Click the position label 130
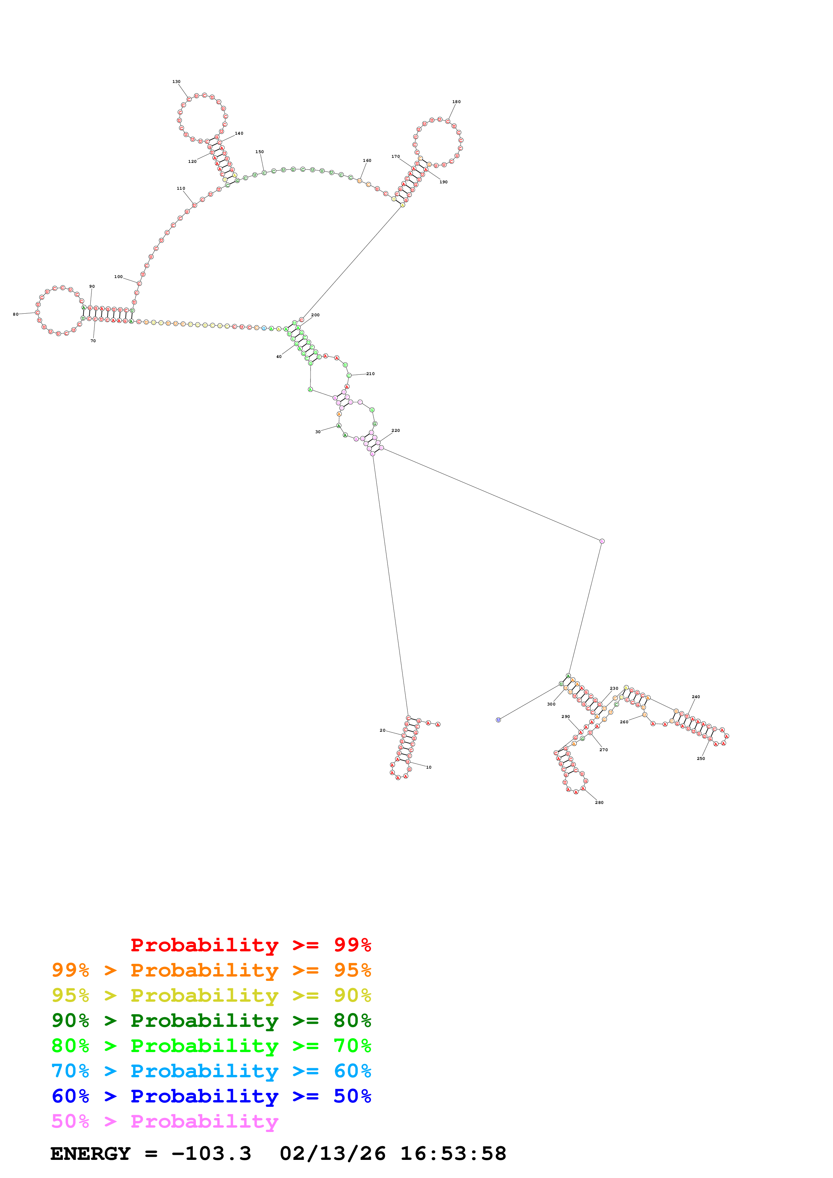[176, 82]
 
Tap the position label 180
[456, 102]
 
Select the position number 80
[15, 314]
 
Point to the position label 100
[118, 277]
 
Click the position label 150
[260, 152]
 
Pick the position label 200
[315, 315]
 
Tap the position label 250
[701, 758]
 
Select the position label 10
[428, 767]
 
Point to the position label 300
[551, 704]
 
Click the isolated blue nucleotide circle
[498, 720]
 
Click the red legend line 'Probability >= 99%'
[250, 945]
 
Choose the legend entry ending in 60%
[211, 1071]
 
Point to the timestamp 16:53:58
[453, 1153]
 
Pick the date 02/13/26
[333, 1153]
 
